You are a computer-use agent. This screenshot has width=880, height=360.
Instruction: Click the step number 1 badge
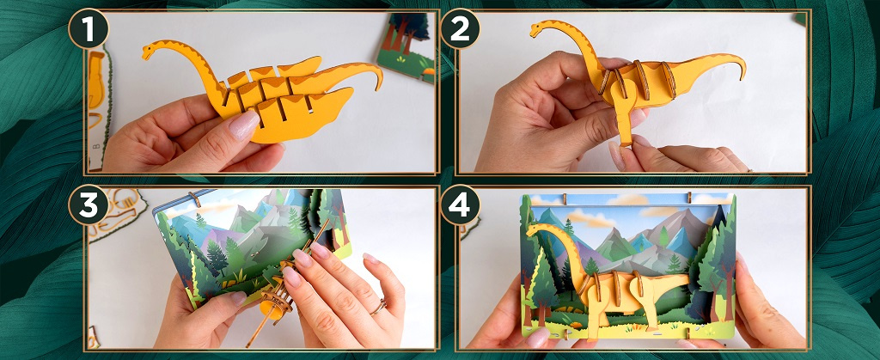(x=89, y=28)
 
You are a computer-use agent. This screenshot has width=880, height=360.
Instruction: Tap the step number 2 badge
(x=461, y=28)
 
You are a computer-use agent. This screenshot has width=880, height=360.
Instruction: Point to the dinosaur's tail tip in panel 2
(x=743, y=73)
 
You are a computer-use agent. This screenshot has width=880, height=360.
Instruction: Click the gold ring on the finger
(x=378, y=307)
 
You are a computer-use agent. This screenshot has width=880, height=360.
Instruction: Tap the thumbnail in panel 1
(x=243, y=125)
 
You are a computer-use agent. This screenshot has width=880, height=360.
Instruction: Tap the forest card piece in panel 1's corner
(x=406, y=46)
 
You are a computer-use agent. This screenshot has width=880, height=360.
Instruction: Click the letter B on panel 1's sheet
(x=96, y=147)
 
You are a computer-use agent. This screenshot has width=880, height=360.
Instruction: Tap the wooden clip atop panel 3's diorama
(x=194, y=198)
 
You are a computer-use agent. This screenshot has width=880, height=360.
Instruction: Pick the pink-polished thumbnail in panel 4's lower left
(x=536, y=338)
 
